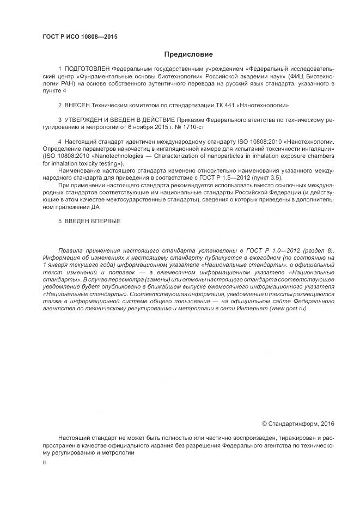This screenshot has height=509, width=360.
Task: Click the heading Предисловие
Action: (x=189, y=54)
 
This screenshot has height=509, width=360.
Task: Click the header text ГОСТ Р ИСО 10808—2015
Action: (x=80, y=37)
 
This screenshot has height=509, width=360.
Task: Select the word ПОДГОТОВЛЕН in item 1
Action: (x=86, y=70)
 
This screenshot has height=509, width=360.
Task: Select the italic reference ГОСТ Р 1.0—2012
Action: (x=277, y=250)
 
